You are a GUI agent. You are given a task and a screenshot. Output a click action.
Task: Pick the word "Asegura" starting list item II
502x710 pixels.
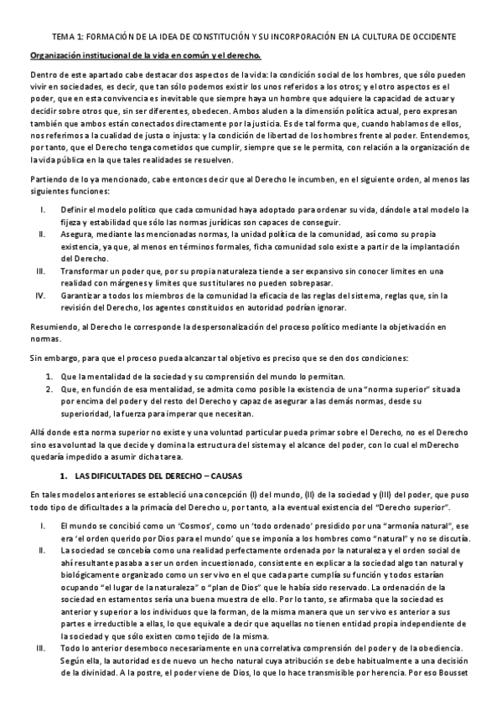[77, 234]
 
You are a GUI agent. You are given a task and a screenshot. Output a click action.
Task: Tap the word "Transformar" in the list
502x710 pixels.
[86, 272]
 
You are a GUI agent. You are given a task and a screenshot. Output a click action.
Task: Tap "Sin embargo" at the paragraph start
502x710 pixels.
[53, 358]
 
